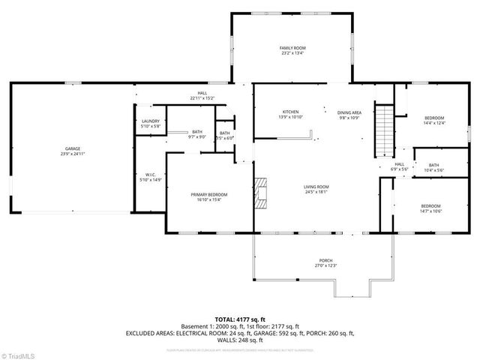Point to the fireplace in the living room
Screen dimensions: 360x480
click(x=259, y=191)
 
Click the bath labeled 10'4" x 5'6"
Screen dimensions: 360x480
click(x=434, y=167)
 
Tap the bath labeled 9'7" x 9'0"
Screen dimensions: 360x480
click(x=197, y=134)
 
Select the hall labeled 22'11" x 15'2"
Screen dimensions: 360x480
click(x=202, y=95)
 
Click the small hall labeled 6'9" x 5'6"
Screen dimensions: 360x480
click(x=399, y=166)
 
